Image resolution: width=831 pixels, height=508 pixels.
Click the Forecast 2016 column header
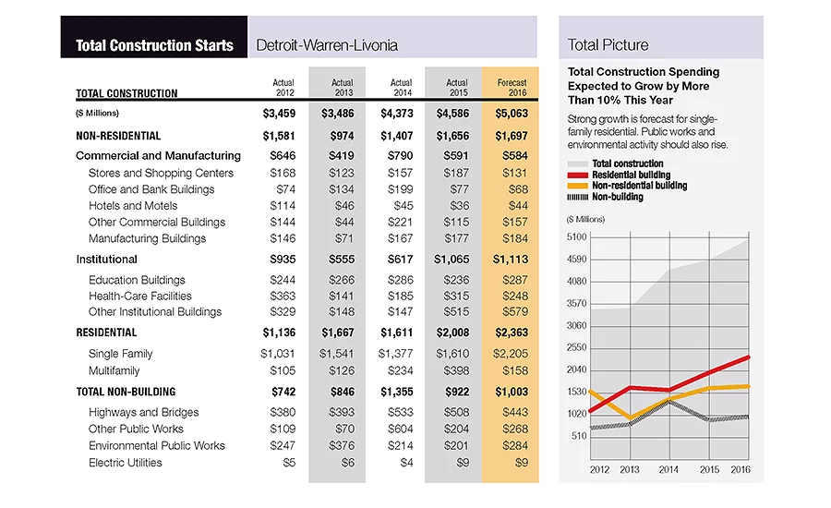[x=512, y=88]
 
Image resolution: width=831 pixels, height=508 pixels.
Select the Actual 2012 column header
[x=283, y=88]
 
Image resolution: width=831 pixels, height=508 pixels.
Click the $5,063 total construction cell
[x=512, y=114]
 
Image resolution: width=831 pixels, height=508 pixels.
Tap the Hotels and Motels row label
[x=133, y=206]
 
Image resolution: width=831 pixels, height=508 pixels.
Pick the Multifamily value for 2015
[x=456, y=370]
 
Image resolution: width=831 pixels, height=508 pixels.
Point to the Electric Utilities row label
[x=125, y=463]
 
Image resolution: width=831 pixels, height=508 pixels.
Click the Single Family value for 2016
[x=511, y=354]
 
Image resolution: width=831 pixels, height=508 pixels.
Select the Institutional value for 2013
[x=342, y=260]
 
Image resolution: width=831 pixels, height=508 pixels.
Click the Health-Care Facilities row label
[x=140, y=296]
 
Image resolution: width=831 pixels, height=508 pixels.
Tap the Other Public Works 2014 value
[x=400, y=429]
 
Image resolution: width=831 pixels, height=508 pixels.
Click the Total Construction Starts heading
[x=154, y=45]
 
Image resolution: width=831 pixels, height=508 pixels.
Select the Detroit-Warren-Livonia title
[x=327, y=45]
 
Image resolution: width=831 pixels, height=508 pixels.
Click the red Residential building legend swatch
[x=578, y=175]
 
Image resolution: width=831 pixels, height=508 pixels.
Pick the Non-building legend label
[x=618, y=198]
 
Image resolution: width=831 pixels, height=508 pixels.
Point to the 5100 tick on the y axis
[x=576, y=237]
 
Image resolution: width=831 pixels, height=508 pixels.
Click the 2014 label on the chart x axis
[x=668, y=470]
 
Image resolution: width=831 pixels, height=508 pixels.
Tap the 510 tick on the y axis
[x=579, y=436]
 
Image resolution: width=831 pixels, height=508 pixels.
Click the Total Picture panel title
[x=608, y=45]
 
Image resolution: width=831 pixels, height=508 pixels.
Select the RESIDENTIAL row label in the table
[x=106, y=333]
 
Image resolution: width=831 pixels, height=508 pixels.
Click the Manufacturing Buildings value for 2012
[x=283, y=238]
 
